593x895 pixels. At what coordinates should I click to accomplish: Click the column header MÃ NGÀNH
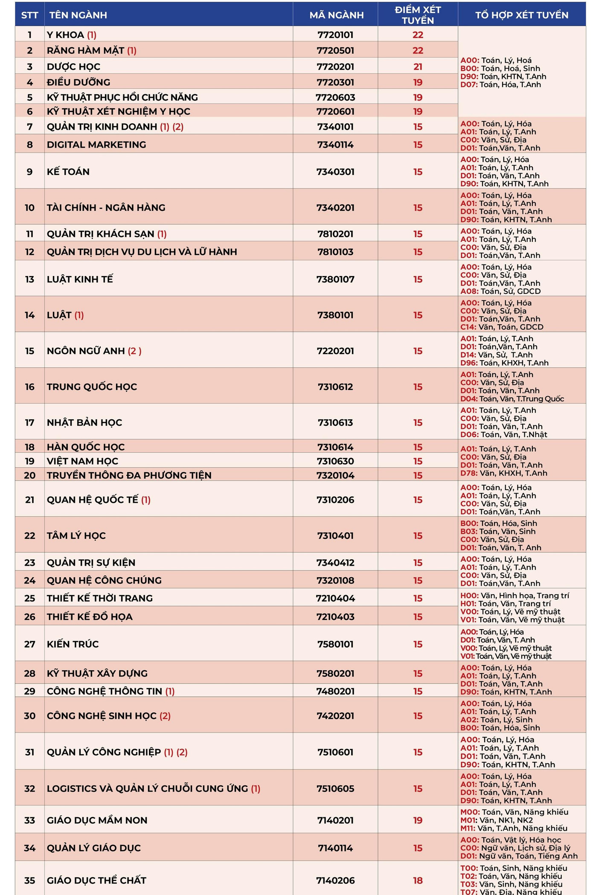(337, 15)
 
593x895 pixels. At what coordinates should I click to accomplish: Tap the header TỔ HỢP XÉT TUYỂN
(522, 15)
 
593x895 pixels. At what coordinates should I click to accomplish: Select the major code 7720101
(335, 35)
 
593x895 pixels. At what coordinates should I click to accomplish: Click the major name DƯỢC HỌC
(73, 67)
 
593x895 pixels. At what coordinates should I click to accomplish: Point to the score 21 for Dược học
(418, 67)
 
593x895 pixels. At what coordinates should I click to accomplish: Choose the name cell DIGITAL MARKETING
(96, 145)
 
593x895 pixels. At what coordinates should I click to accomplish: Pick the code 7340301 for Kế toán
(335, 172)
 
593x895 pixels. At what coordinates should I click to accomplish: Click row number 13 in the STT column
(29, 279)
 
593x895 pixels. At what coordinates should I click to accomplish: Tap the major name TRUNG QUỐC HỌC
(92, 387)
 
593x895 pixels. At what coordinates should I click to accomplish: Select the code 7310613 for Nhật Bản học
(335, 423)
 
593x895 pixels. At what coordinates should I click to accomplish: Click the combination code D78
(468, 473)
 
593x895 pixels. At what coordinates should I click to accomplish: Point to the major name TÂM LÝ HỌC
(76, 536)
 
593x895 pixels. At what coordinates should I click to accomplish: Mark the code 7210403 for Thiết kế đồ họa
(335, 617)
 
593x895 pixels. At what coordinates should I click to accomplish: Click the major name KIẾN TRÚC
(73, 644)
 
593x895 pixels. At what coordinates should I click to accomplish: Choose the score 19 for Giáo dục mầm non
(418, 820)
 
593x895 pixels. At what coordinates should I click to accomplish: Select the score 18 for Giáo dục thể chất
(418, 880)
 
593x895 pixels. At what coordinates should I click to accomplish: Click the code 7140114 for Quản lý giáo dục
(335, 848)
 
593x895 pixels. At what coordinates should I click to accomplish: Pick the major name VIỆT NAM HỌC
(82, 461)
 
